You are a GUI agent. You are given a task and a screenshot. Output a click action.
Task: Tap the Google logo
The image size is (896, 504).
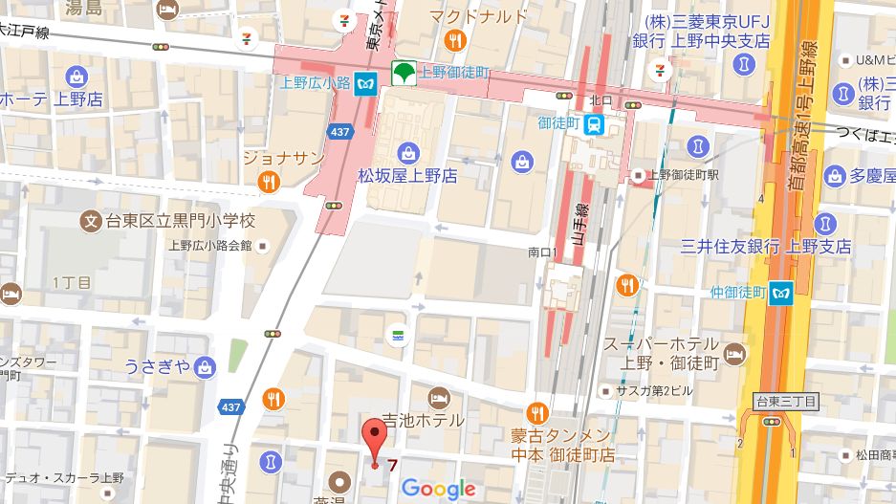point(438,489)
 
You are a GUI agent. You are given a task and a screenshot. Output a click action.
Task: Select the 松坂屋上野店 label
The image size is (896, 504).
point(407,176)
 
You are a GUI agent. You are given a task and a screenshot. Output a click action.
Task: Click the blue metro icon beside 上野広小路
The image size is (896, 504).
point(364,83)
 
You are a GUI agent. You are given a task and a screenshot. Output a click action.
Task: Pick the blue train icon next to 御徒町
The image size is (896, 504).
point(594,123)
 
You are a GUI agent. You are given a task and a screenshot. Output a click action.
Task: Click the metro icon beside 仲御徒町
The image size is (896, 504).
point(783,292)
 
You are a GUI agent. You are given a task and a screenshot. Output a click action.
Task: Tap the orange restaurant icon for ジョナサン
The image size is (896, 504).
point(270,181)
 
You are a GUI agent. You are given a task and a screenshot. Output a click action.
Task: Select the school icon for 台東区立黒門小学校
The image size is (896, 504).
point(92,221)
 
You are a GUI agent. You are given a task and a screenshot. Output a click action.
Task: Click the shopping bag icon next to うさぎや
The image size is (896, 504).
point(204,366)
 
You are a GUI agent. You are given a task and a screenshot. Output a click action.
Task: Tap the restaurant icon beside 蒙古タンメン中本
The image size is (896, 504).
point(537,414)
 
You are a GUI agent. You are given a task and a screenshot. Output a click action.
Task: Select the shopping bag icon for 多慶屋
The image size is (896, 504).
point(834,176)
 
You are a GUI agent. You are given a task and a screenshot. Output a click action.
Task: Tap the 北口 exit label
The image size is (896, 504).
point(601,99)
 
